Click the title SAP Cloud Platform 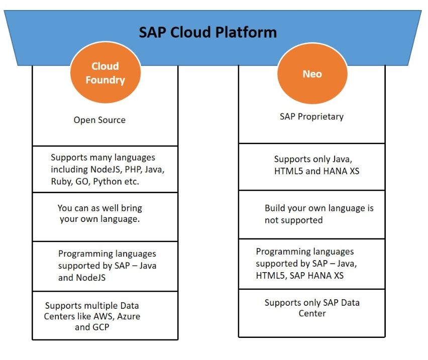tap(207, 33)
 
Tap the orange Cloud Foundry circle tap(105, 73)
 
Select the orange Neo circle tap(311, 74)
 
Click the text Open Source tap(99, 120)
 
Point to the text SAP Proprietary tap(311, 116)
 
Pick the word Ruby tap(61, 182)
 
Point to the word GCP tap(101, 327)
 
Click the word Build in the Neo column tap(276, 208)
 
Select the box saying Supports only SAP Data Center tap(311, 313)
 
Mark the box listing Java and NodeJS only tap(105, 266)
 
